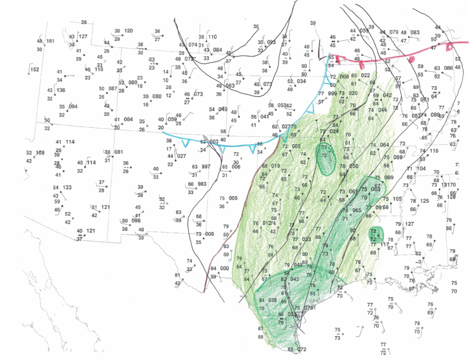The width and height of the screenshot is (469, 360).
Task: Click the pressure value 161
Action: click(50, 41)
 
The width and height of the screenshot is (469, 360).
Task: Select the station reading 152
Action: click(34, 70)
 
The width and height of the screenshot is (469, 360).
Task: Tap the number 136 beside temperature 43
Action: click(61, 90)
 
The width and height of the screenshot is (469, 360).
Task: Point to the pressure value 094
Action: click(73, 107)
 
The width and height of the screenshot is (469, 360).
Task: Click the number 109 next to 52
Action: click(40, 153)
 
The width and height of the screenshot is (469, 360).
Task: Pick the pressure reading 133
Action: click(67, 187)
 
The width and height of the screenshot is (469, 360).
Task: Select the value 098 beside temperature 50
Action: click(136, 221)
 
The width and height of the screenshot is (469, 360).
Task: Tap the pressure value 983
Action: click(202, 184)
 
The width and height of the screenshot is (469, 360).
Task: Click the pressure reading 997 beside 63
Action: click(206, 167)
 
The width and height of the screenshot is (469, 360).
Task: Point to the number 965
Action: click(357, 210)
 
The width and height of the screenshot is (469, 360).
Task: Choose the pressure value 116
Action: click(433, 151)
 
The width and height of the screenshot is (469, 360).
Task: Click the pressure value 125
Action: click(424, 201)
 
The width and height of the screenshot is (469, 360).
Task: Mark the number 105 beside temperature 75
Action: click(397, 199)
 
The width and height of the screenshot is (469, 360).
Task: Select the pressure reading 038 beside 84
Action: click(273, 300)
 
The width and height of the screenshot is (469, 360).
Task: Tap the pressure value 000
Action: click(224, 268)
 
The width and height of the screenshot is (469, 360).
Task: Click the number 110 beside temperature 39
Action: click(212, 37)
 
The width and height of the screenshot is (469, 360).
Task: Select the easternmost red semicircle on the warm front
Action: click(449, 46)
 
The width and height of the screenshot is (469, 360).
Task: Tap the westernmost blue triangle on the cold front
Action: click(185, 143)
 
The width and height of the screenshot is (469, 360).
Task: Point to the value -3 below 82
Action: click(419, 262)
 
